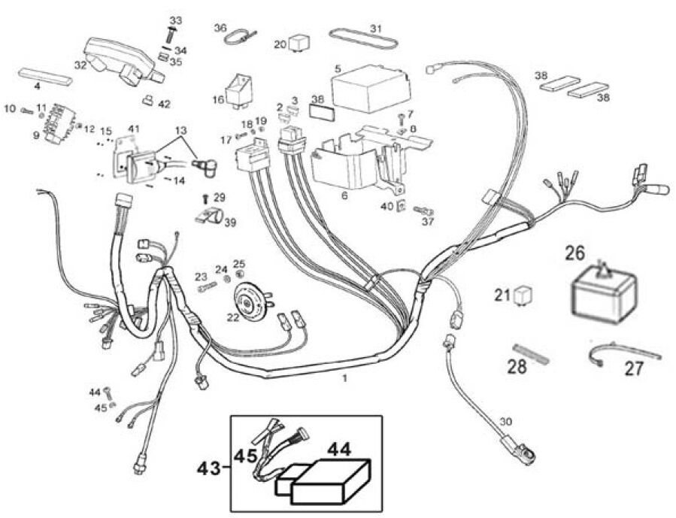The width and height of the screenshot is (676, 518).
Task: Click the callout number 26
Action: pyautogui.click(x=574, y=254)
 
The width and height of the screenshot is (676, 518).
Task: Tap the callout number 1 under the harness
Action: pyautogui.click(x=344, y=379)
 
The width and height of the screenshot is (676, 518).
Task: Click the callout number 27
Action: pyautogui.click(x=635, y=370)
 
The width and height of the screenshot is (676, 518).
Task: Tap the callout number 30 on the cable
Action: pyautogui.click(x=505, y=423)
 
